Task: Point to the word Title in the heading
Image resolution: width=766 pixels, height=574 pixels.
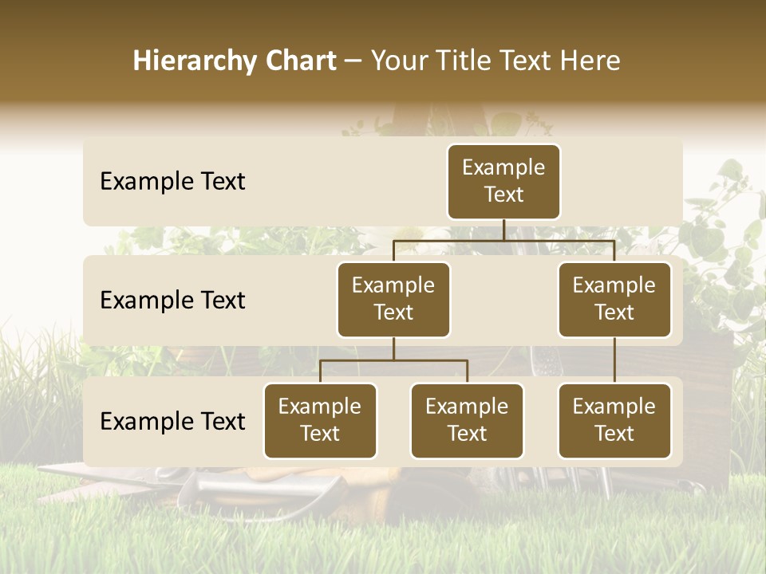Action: [465, 61]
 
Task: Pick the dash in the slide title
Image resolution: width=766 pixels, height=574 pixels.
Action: [353, 62]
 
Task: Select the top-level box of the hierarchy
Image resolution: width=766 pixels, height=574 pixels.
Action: [503, 181]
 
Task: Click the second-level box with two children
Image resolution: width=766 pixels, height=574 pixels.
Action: [393, 299]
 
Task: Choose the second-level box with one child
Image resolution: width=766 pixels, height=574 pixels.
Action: [614, 299]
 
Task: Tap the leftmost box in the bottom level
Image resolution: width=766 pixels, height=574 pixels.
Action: [320, 420]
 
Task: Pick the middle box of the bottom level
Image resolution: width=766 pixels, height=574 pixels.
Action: [467, 420]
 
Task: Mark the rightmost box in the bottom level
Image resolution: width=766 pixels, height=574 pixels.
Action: [614, 420]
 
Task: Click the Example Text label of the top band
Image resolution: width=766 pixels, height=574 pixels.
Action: [172, 182]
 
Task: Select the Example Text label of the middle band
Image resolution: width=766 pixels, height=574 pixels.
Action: [172, 301]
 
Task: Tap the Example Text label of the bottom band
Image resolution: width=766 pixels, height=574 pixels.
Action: [172, 422]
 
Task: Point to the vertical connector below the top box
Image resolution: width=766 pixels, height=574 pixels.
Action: [503, 230]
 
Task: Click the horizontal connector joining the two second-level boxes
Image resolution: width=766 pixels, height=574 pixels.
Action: [503, 240]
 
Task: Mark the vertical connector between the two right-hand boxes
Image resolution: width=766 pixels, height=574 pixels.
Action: [614, 360]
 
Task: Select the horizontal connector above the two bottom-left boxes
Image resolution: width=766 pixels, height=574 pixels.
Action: [393, 360]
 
